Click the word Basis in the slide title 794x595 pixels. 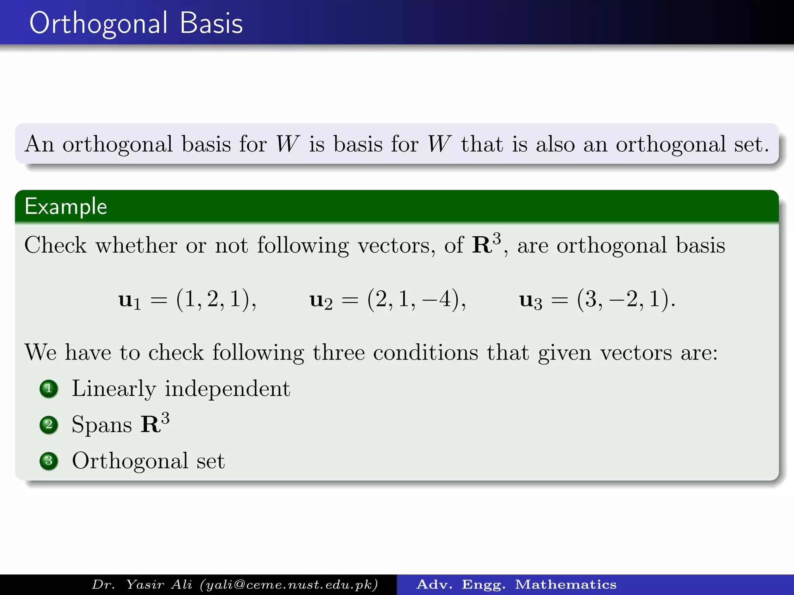pyautogui.click(x=211, y=23)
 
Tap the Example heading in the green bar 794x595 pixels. pyautogui.click(x=66, y=206)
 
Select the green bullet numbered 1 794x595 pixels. pyautogui.click(x=49, y=389)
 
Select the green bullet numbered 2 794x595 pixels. pyautogui.click(x=49, y=425)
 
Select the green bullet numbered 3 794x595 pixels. pyautogui.click(x=49, y=461)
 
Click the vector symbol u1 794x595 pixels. pyautogui.click(x=129, y=300)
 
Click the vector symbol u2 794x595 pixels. pyautogui.click(x=321, y=300)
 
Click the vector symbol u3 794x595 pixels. pyautogui.click(x=530, y=300)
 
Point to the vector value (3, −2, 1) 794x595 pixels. pyautogui.click(x=625, y=299)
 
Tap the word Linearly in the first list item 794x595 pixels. pyautogui.click(x=114, y=389)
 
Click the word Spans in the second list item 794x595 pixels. pyautogui.click(x=102, y=425)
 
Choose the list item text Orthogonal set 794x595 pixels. pyautogui.click(x=148, y=461)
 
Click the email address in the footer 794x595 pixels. pyautogui.click(x=289, y=585)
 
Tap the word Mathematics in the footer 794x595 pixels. pyautogui.click(x=566, y=585)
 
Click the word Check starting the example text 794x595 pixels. pyautogui.click(x=55, y=245)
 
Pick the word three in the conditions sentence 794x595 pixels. pyautogui.click(x=338, y=353)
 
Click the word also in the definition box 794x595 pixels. pyautogui.click(x=555, y=144)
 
